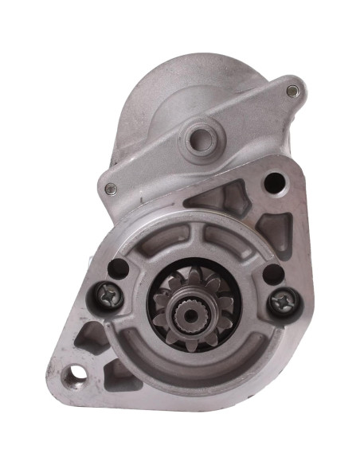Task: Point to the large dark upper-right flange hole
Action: tap(273, 182)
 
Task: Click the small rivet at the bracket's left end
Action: tap(111, 189)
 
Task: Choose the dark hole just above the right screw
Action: tap(272, 273)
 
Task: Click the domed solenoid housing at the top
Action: tap(191, 88)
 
